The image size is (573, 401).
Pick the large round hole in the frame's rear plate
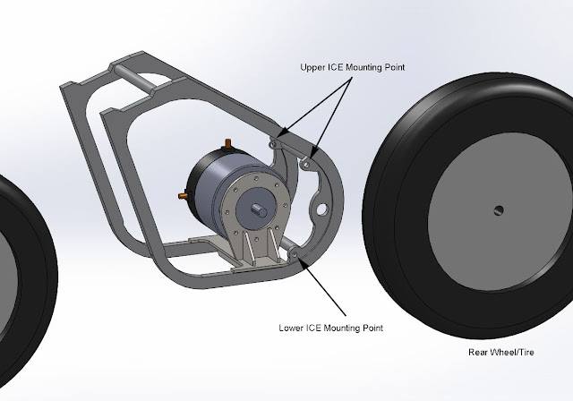[317, 209]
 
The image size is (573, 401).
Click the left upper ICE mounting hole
[274, 143]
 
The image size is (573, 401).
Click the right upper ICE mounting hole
[304, 164]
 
